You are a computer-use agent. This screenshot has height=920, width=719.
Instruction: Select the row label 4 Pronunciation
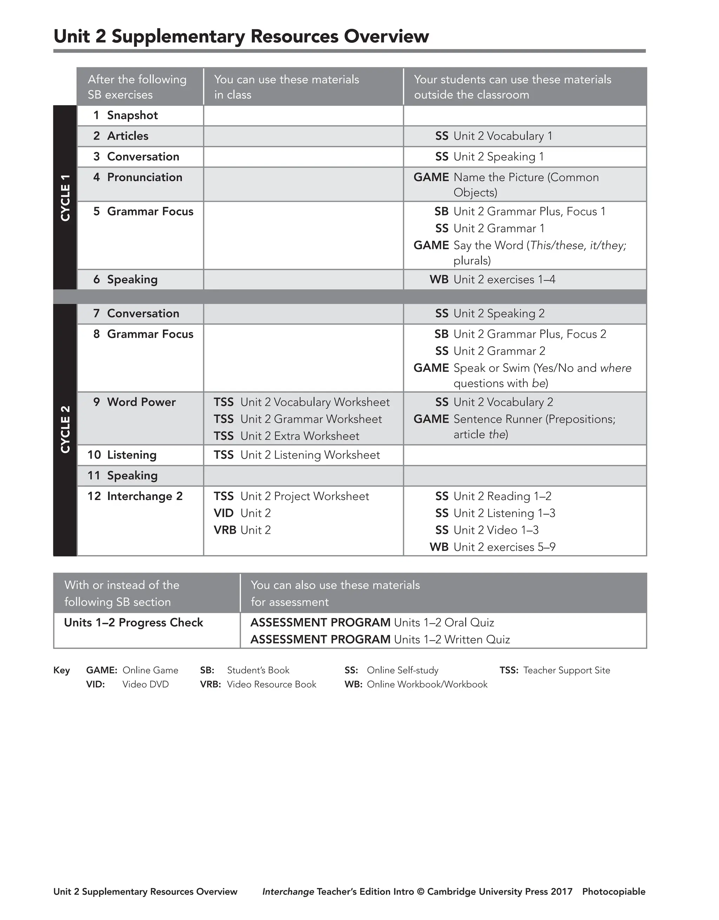tap(138, 177)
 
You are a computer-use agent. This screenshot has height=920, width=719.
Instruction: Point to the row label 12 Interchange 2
tap(135, 496)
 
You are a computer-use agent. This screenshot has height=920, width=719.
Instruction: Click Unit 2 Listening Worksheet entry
tap(297, 455)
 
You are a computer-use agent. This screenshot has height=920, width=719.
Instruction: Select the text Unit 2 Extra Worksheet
tap(299, 436)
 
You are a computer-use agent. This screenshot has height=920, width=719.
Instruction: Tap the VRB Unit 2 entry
tap(242, 530)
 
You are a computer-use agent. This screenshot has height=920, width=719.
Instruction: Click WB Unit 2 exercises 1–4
tap(493, 280)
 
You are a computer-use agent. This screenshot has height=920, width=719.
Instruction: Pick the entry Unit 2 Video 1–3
tap(496, 530)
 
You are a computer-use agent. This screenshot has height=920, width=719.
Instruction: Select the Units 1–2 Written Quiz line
tap(380, 639)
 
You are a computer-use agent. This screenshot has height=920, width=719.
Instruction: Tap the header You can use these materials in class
tap(286, 87)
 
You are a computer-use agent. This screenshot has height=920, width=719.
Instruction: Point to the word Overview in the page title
tap(386, 36)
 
